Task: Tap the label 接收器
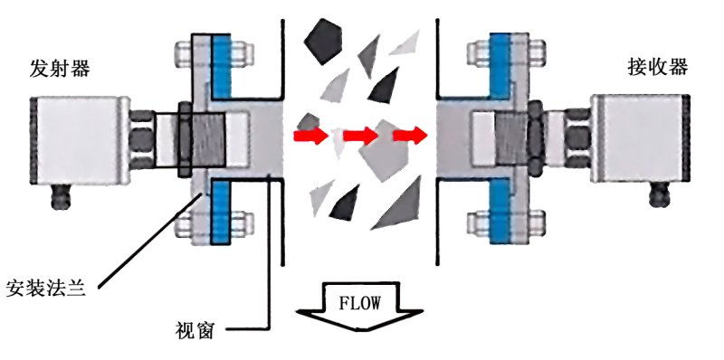[x=657, y=68]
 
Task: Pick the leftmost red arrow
[x=309, y=137]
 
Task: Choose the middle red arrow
[x=360, y=137]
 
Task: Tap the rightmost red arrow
[x=409, y=137]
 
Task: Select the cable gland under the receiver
[x=658, y=192]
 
